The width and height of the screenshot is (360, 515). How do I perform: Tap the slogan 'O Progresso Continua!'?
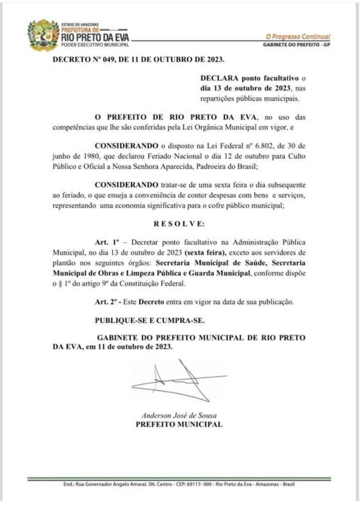(298, 37)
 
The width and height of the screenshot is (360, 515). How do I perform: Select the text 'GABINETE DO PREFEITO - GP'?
(297, 45)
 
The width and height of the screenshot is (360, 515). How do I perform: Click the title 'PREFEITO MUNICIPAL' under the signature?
(179, 424)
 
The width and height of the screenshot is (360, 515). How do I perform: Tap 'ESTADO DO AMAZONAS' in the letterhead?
(80, 24)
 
